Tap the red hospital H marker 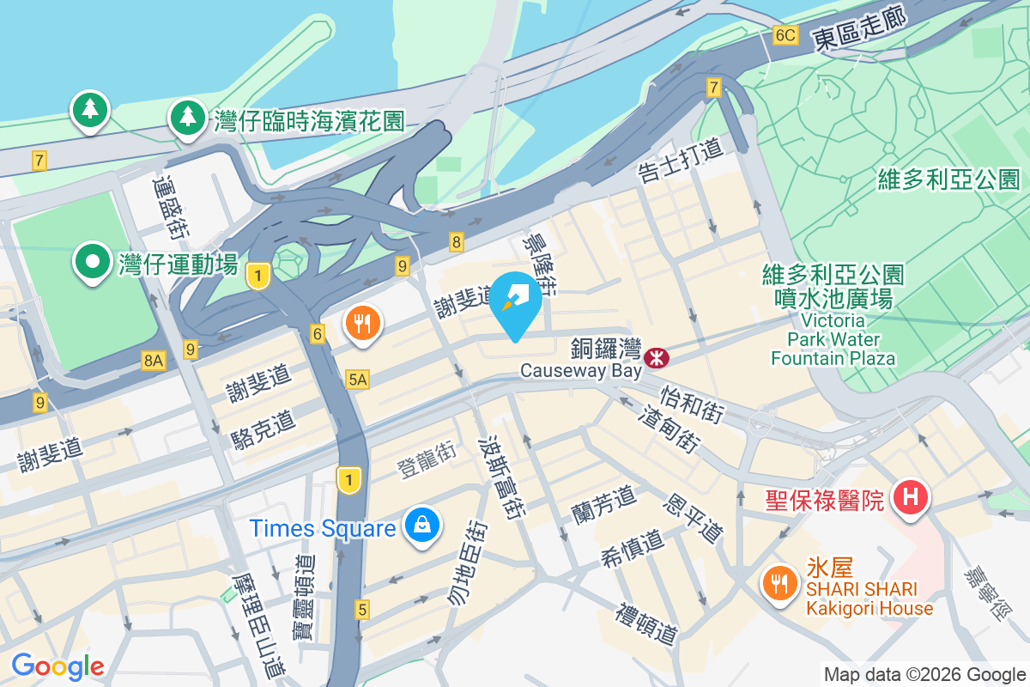[x=911, y=498]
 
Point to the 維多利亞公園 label [x=948, y=179]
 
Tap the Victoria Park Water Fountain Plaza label [x=833, y=316]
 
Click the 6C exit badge [x=785, y=35]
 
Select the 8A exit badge [x=153, y=362]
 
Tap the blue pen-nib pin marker [x=515, y=301]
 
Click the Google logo [x=58, y=666]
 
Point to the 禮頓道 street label [x=647, y=623]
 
